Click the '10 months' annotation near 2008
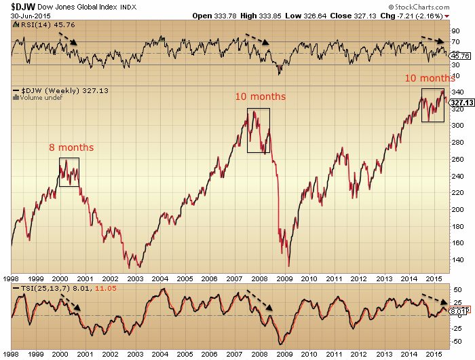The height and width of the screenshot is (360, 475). click(260, 96)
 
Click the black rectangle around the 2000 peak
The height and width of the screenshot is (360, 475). click(69, 172)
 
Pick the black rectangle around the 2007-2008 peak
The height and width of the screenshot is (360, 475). click(258, 130)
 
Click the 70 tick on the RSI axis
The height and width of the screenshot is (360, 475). click(455, 41)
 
